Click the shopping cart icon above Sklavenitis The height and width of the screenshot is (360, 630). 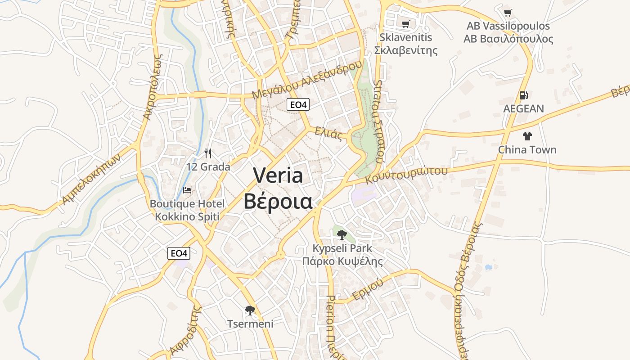[x=405, y=24]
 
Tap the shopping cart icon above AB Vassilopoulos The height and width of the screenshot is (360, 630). [x=508, y=13]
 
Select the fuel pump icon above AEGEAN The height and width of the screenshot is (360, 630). [x=523, y=95]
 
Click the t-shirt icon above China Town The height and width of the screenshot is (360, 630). [x=527, y=136]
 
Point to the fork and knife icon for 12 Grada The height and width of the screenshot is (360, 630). [x=208, y=153]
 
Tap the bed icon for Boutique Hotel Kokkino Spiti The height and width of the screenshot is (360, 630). [x=187, y=190]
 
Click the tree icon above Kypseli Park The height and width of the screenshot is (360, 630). [x=342, y=234]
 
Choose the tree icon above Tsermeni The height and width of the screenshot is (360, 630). [x=250, y=310]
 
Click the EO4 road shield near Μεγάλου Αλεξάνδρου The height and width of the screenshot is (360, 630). [x=298, y=105]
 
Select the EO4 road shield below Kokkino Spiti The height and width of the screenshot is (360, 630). [x=179, y=253]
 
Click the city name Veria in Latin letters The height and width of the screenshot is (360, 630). [x=278, y=175]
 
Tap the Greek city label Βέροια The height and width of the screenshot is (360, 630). [x=278, y=201]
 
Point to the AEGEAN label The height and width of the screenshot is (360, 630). [x=523, y=108]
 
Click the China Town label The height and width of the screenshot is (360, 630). [x=527, y=149]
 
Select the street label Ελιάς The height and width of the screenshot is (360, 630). [x=328, y=134]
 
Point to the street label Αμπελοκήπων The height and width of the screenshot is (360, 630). [x=92, y=179]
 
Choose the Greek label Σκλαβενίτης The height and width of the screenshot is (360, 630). [x=406, y=50]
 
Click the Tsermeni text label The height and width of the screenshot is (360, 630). [x=250, y=324]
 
